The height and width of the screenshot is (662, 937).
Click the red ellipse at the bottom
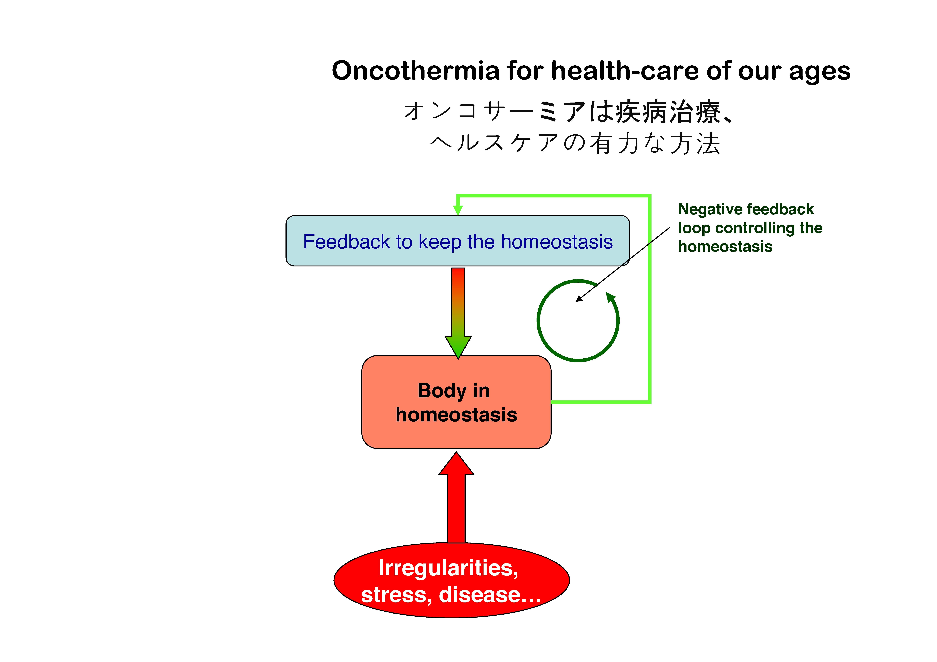click(451, 580)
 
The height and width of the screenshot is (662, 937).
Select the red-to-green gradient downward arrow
click(458, 313)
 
